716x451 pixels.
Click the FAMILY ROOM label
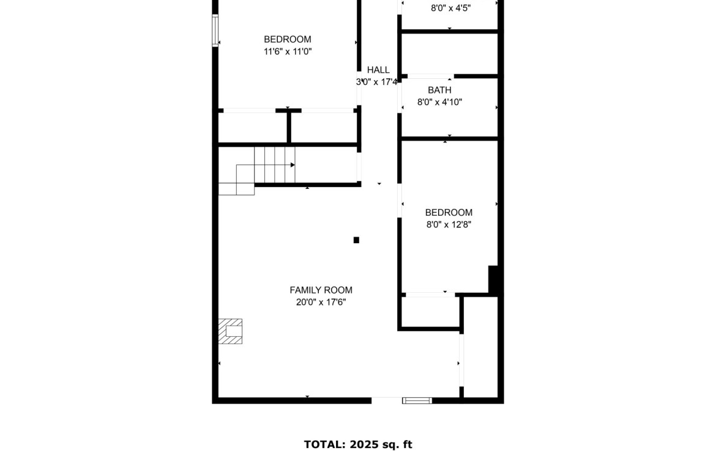click(x=321, y=290)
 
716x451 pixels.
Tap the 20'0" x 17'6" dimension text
click(x=321, y=302)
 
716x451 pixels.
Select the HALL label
click(x=378, y=70)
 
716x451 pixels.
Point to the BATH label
click(x=439, y=90)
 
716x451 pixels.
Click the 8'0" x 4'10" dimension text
click(x=439, y=102)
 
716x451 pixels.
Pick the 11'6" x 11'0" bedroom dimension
click(x=288, y=51)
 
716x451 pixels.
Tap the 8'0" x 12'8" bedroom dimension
click(x=449, y=224)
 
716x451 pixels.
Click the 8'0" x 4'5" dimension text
click(x=450, y=8)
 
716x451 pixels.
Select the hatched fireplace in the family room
click(x=230, y=331)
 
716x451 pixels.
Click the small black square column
click(x=356, y=240)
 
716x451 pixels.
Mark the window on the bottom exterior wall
click(x=417, y=401)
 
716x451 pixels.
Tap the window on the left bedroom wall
click(x=215, y=31)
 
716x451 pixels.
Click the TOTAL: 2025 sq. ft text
click(x=358, y=444)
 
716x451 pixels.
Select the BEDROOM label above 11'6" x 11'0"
click(x=288, y=39)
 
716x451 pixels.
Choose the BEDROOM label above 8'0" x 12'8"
click(x=449, y=213)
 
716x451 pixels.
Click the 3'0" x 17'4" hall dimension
click(x=377, y=82)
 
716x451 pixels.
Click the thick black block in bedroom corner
click(x=493, y=279)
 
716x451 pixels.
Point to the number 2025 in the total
click(x=364, y=444)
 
